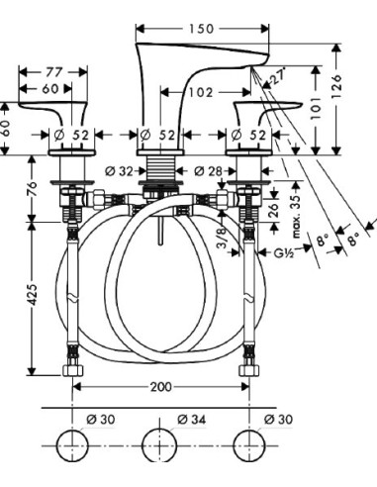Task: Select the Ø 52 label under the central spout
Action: [158, 135]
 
